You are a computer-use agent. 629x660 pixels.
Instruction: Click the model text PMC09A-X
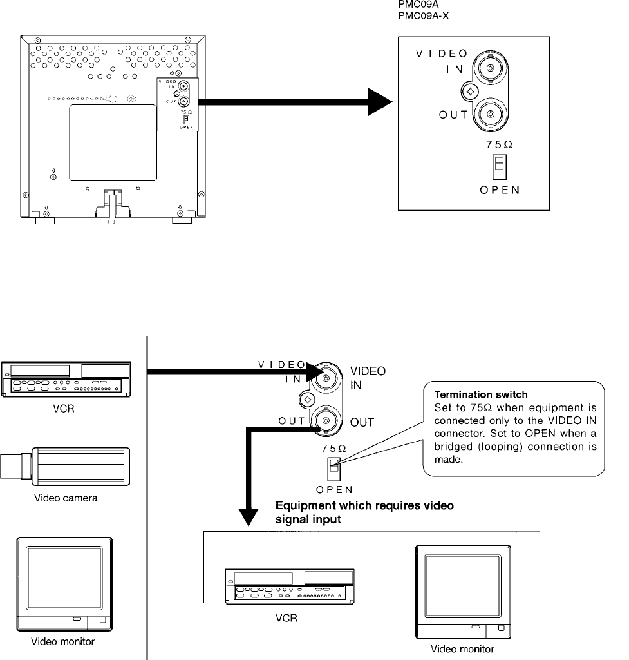click(x=423, y=15)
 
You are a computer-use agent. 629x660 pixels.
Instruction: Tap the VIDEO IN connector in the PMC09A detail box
click(x=491, y=68)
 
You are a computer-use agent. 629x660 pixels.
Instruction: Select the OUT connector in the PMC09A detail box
click(x=491, y=115)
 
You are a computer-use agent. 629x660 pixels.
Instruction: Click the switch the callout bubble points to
click(x=333, y=470)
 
